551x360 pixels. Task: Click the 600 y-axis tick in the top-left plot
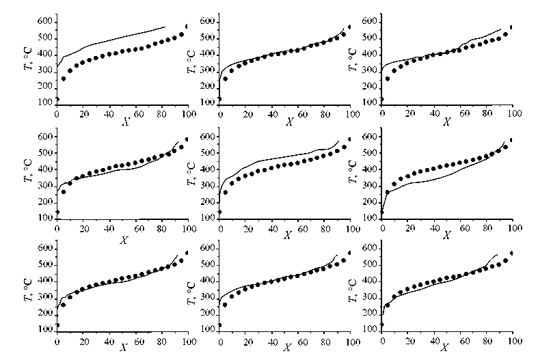pyautogui.click(x=43, y=23)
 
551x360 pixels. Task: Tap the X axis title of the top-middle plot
pyautogui.click(x=289, y=121)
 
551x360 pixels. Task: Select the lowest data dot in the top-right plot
pyautogui.click(x=382, y=99)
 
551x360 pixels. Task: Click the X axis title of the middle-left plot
pyautogui.click(x=124, y=240)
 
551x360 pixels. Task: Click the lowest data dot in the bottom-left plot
pyautogui.click(x=57, y=325)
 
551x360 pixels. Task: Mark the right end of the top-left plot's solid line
pyautogui.click(x=165, y=27)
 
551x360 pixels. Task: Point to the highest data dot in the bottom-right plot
pyautogui.click(x=513, y=253)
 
